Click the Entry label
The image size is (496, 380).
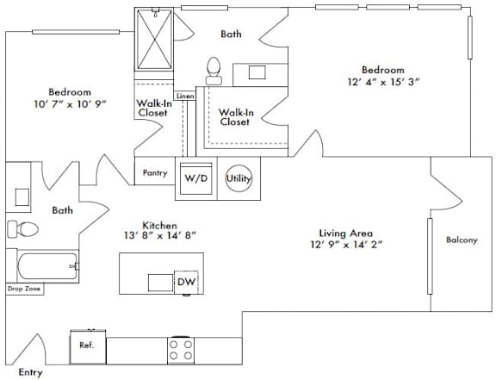click(x=30, y=372)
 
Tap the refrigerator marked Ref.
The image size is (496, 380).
click(x=88, y=347)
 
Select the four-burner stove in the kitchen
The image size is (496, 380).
click(x=181, y=350)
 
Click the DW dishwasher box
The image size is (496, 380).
click(x=186, y=282)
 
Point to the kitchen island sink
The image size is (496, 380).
click(x=161, y=283)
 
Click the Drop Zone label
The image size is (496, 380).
click(x=24, y=289)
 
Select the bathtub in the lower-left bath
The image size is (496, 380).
click(x=48, y=266)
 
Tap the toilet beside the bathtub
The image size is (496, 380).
click(x=22, y=228)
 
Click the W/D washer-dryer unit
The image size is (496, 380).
click(x=196, y=178)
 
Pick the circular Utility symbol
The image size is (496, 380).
click(x=239, y=178)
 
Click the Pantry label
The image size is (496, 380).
click(x=155, y=173)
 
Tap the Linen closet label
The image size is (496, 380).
click(x=185, y=96)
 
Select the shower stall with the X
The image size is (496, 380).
click(x=154, y=40)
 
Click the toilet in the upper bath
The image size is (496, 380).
click(x=214, y=71)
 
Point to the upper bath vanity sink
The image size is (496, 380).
click(x=257, y=72)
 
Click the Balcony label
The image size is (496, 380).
click(x=462, y=240)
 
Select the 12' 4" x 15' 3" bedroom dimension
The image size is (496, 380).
click(x=383, y=82)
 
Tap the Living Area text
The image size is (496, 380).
click(x=346, y=234)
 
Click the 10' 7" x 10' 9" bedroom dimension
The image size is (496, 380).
click(x=70, y=104)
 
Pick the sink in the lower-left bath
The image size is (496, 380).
click(x=22, y=197)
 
